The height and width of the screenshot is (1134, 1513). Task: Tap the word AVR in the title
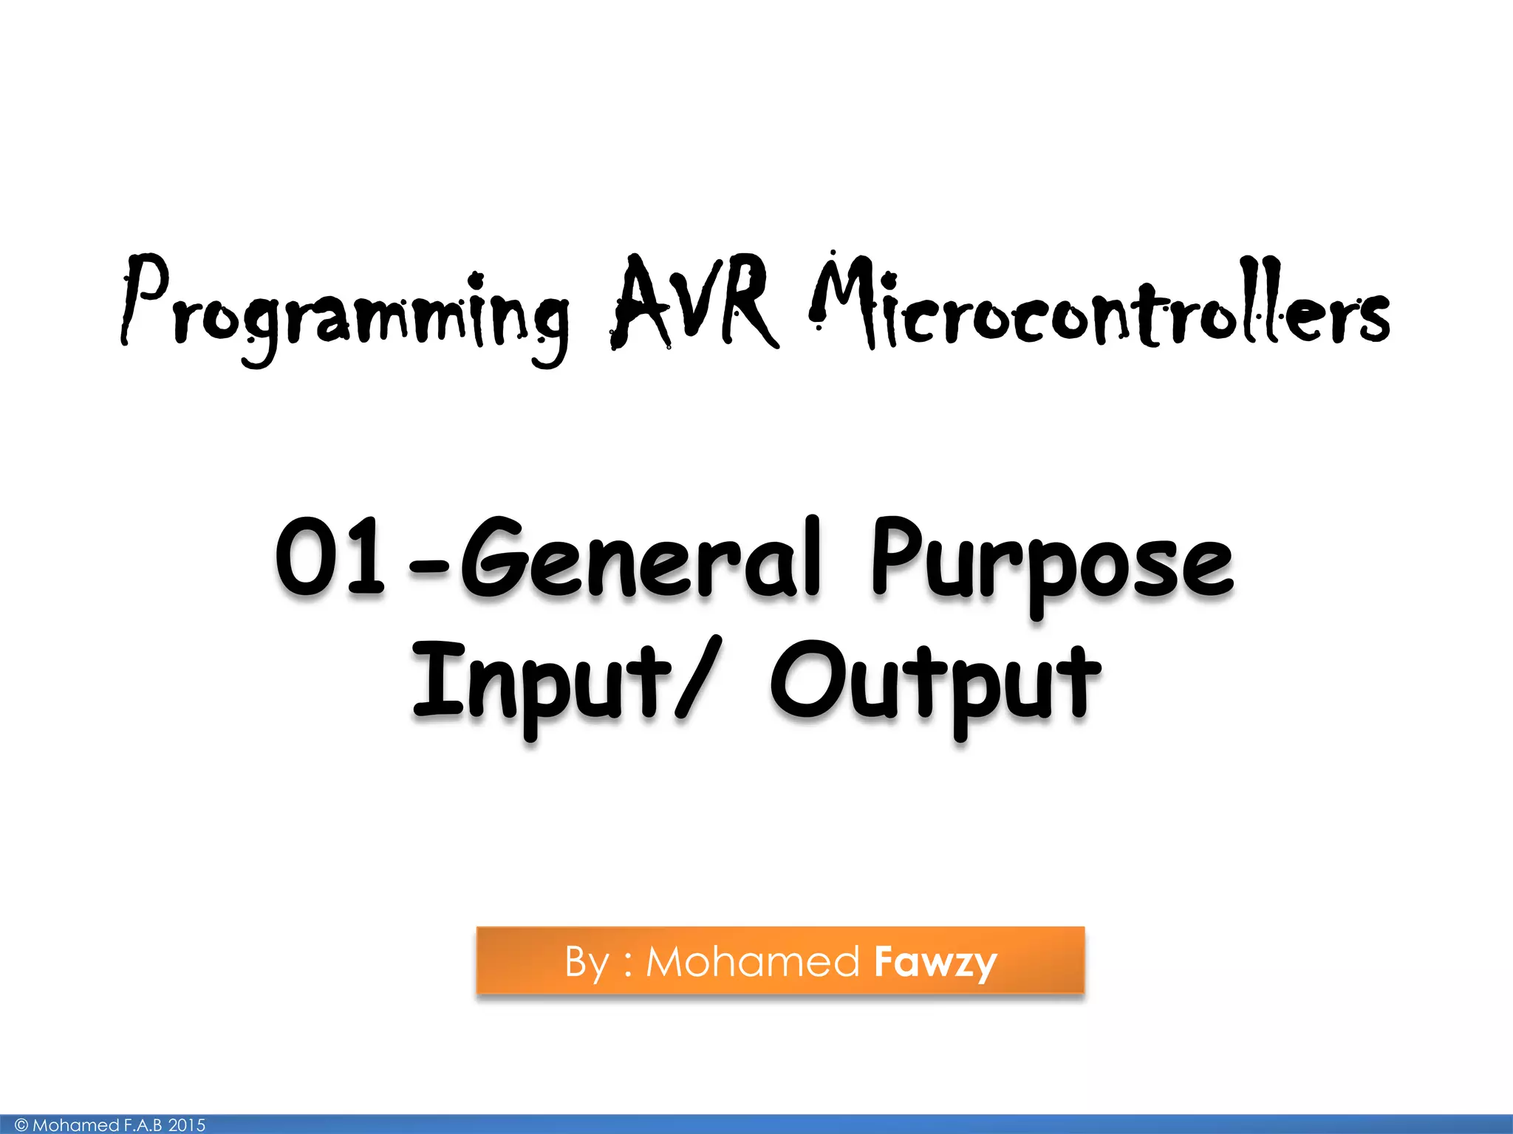(x=694, y=303)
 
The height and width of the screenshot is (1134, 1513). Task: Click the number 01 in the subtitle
(x=330, y=557)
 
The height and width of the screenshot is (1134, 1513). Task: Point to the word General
(x=640, y=557)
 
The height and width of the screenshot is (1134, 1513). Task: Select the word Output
(x=935, y=683)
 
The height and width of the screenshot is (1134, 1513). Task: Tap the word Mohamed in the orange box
(x=752, y=962)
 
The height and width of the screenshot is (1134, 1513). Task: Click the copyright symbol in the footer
(x=21, y=1125)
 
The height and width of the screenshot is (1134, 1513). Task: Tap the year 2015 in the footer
(x=187, y=1125)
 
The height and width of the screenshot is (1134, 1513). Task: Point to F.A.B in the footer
(x=143, y=1125)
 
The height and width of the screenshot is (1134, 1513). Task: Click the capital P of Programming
(x=144, y=299)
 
